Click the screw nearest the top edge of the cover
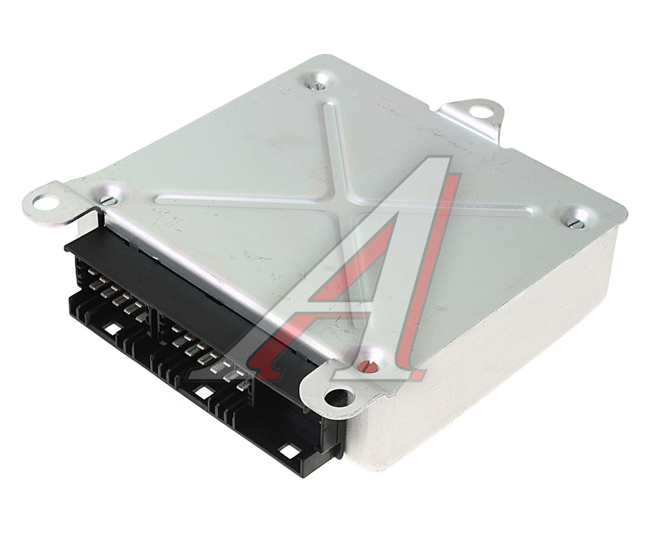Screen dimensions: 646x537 317,85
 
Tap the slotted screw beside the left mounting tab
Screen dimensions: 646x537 108,201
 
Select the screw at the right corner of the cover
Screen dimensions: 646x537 575,223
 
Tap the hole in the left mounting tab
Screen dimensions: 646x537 45,202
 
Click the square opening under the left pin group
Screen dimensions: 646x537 113,329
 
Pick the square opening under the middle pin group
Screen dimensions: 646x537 203,392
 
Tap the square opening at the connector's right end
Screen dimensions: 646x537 287,450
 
